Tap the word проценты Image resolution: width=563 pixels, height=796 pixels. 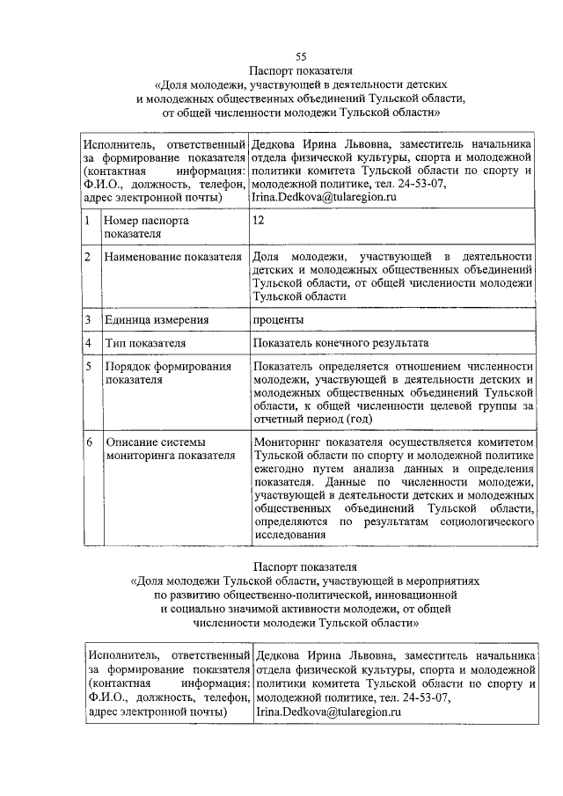point(278,319)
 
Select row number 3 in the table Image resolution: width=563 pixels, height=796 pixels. point(89,319)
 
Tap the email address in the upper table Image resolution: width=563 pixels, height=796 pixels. point(325,198)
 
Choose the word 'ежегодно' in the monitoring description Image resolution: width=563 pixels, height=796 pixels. point(278,470)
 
